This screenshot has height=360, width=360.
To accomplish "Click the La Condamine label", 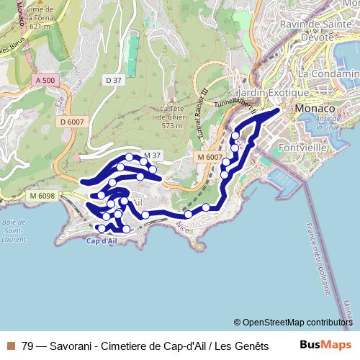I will [328, 73].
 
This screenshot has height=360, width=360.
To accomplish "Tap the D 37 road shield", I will [112, 80].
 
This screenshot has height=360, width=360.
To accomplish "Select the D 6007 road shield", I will [72, 122].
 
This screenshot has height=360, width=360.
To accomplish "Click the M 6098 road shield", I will [42, 196].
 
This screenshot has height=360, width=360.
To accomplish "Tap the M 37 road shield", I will [151, 155].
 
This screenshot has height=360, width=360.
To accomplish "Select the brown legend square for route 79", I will [11, 346].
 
